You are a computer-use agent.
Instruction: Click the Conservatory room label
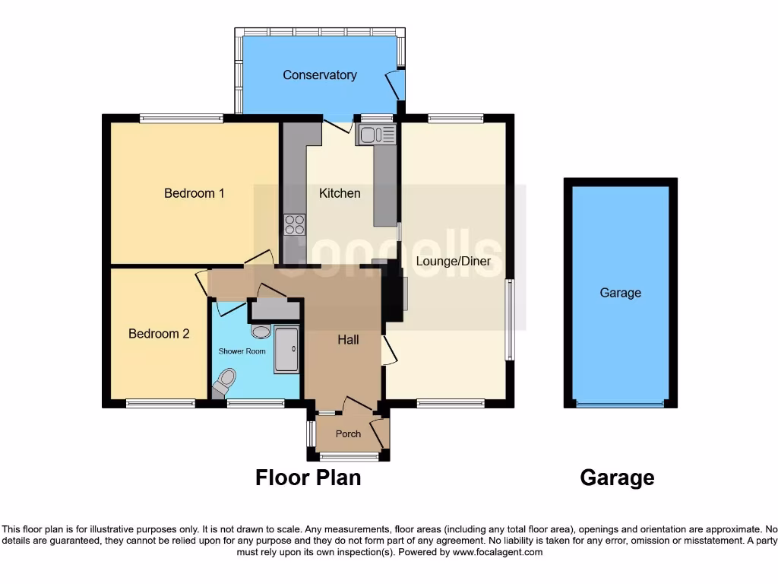tap(319, 75)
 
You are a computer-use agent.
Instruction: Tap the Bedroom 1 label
tap(194, 193)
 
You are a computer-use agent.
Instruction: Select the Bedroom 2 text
tap(159, 333)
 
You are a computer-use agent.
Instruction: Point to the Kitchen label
tap(340, 193)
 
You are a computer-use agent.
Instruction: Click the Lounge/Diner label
tap(453, 261)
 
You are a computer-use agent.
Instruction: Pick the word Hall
tap(348, 340)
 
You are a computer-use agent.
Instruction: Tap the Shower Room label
tap(242, 351)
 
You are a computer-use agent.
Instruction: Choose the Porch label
tap(348, 434)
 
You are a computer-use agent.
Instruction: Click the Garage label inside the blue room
tap(620, 293)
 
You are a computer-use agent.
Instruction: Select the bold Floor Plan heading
tap(308, 478)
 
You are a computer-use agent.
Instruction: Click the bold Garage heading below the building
tap(617, 478)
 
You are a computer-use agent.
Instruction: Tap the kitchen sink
tap(375, 135)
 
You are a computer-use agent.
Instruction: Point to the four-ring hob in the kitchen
tap(295, 224)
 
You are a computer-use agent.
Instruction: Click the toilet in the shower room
tap(225, 381)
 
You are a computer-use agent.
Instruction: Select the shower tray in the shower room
tap(286, 349)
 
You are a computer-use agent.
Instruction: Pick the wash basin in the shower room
tap(261, 332)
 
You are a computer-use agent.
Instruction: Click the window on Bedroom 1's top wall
tap(182, 118)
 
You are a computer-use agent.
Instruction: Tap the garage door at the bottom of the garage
tap(620, 405)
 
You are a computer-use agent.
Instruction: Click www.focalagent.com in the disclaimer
tap(498, 552)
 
